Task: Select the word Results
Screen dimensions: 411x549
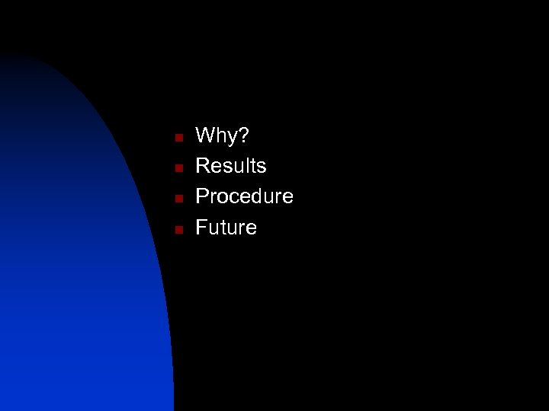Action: coord(231,166)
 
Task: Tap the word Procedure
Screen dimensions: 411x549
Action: coord(244,196)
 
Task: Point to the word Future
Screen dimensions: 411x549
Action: coord(226,227)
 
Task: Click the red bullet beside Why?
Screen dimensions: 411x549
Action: coord(176,138)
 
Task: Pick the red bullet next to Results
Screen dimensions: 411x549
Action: coord(176,167)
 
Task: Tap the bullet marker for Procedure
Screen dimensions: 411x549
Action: coord(176,199)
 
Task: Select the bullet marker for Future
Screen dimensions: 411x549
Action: coord(176,229)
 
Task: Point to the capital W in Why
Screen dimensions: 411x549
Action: coord(206,135)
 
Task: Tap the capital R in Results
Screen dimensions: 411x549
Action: coord(203,166)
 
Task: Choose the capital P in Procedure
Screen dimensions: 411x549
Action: coord(203,196)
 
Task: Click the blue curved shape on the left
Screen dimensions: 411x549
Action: coord(84,266)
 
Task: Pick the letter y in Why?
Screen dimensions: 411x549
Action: coord(232,139)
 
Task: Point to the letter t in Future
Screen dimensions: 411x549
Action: coord(226,227)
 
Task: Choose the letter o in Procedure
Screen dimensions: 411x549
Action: coord(223,198)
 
